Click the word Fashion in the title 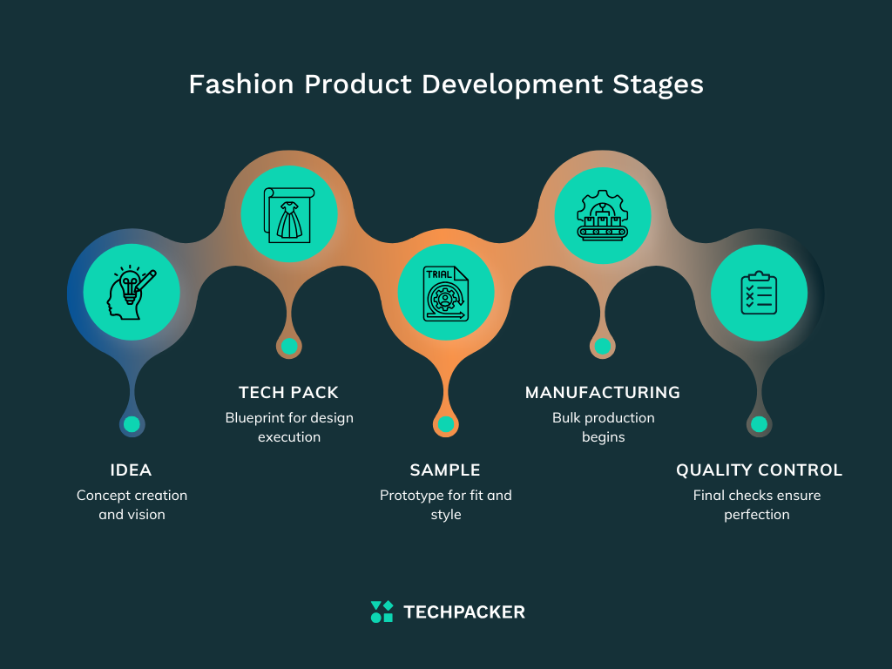coord(241,84)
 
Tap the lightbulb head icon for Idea coord(132,292)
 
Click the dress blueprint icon coord(288,213)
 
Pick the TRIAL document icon coord(445,293)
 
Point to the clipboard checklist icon coord(759,293)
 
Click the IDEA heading coord(131,470)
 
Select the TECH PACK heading coord(288,393)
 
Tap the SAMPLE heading coord(445,470)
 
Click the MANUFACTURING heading coord(603,393)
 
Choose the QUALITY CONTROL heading coord(759,470)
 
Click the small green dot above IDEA coord(132,424)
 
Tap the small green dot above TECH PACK coord(289,346)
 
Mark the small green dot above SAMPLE coord(445,424)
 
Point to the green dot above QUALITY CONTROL coord(759,424)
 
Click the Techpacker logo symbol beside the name coord(382,612)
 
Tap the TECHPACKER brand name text coord(464,612)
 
